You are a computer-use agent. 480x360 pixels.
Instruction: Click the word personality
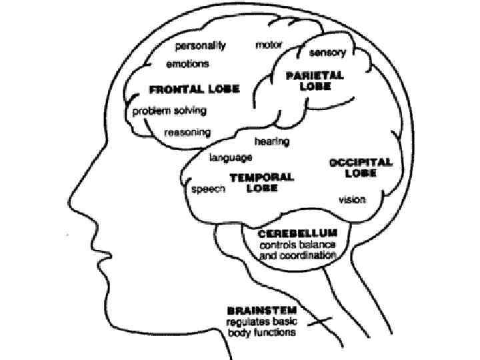[200, 46]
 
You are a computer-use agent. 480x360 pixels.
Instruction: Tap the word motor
[269, 46]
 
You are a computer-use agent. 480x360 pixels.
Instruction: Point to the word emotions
[187, 64]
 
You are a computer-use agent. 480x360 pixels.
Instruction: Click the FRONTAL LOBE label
[194, 89]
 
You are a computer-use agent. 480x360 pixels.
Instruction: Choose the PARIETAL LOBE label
[315, 81]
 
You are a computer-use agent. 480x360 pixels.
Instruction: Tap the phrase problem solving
[169, 111]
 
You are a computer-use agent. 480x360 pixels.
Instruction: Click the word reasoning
[187, 132]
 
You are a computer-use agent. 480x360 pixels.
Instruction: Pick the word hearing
[271, 141]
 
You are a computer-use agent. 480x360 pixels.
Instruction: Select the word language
[231, 158]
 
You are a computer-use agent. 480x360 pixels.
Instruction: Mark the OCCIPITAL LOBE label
[361, 167]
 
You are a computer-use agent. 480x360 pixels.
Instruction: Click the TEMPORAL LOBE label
[261, 182]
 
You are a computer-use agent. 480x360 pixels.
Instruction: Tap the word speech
[209, 189]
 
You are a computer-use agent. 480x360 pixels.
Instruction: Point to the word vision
[351, 199]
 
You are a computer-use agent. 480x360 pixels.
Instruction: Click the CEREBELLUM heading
[298, 233]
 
